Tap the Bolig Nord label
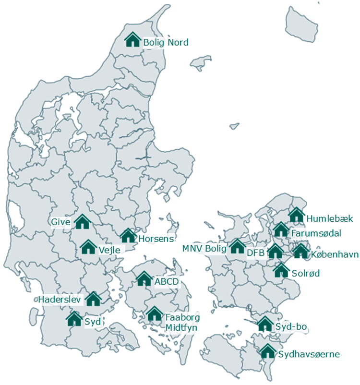pyautogui.click(x=166, y=43)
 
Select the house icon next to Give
pyautogui.click(x=83, y=222)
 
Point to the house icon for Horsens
pyautogui.click(x=128, y=235)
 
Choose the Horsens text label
pyautogui.click(x=156, y=239)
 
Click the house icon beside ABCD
pyautogui.click(x=144, y=278)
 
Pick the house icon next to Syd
pyautogui.click(x=74, y=319)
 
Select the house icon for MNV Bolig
pyautogui.click(x=237, y=246)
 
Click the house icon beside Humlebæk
pyautogui.click(x=297, y=215)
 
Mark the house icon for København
pyautogui.click(x=300, y=251)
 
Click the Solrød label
pyautogui.click(x=305, y=273)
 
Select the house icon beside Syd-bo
pyautogui.click(x=264, y=324)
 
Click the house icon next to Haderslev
pyautogui.click(x=93, y=299)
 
